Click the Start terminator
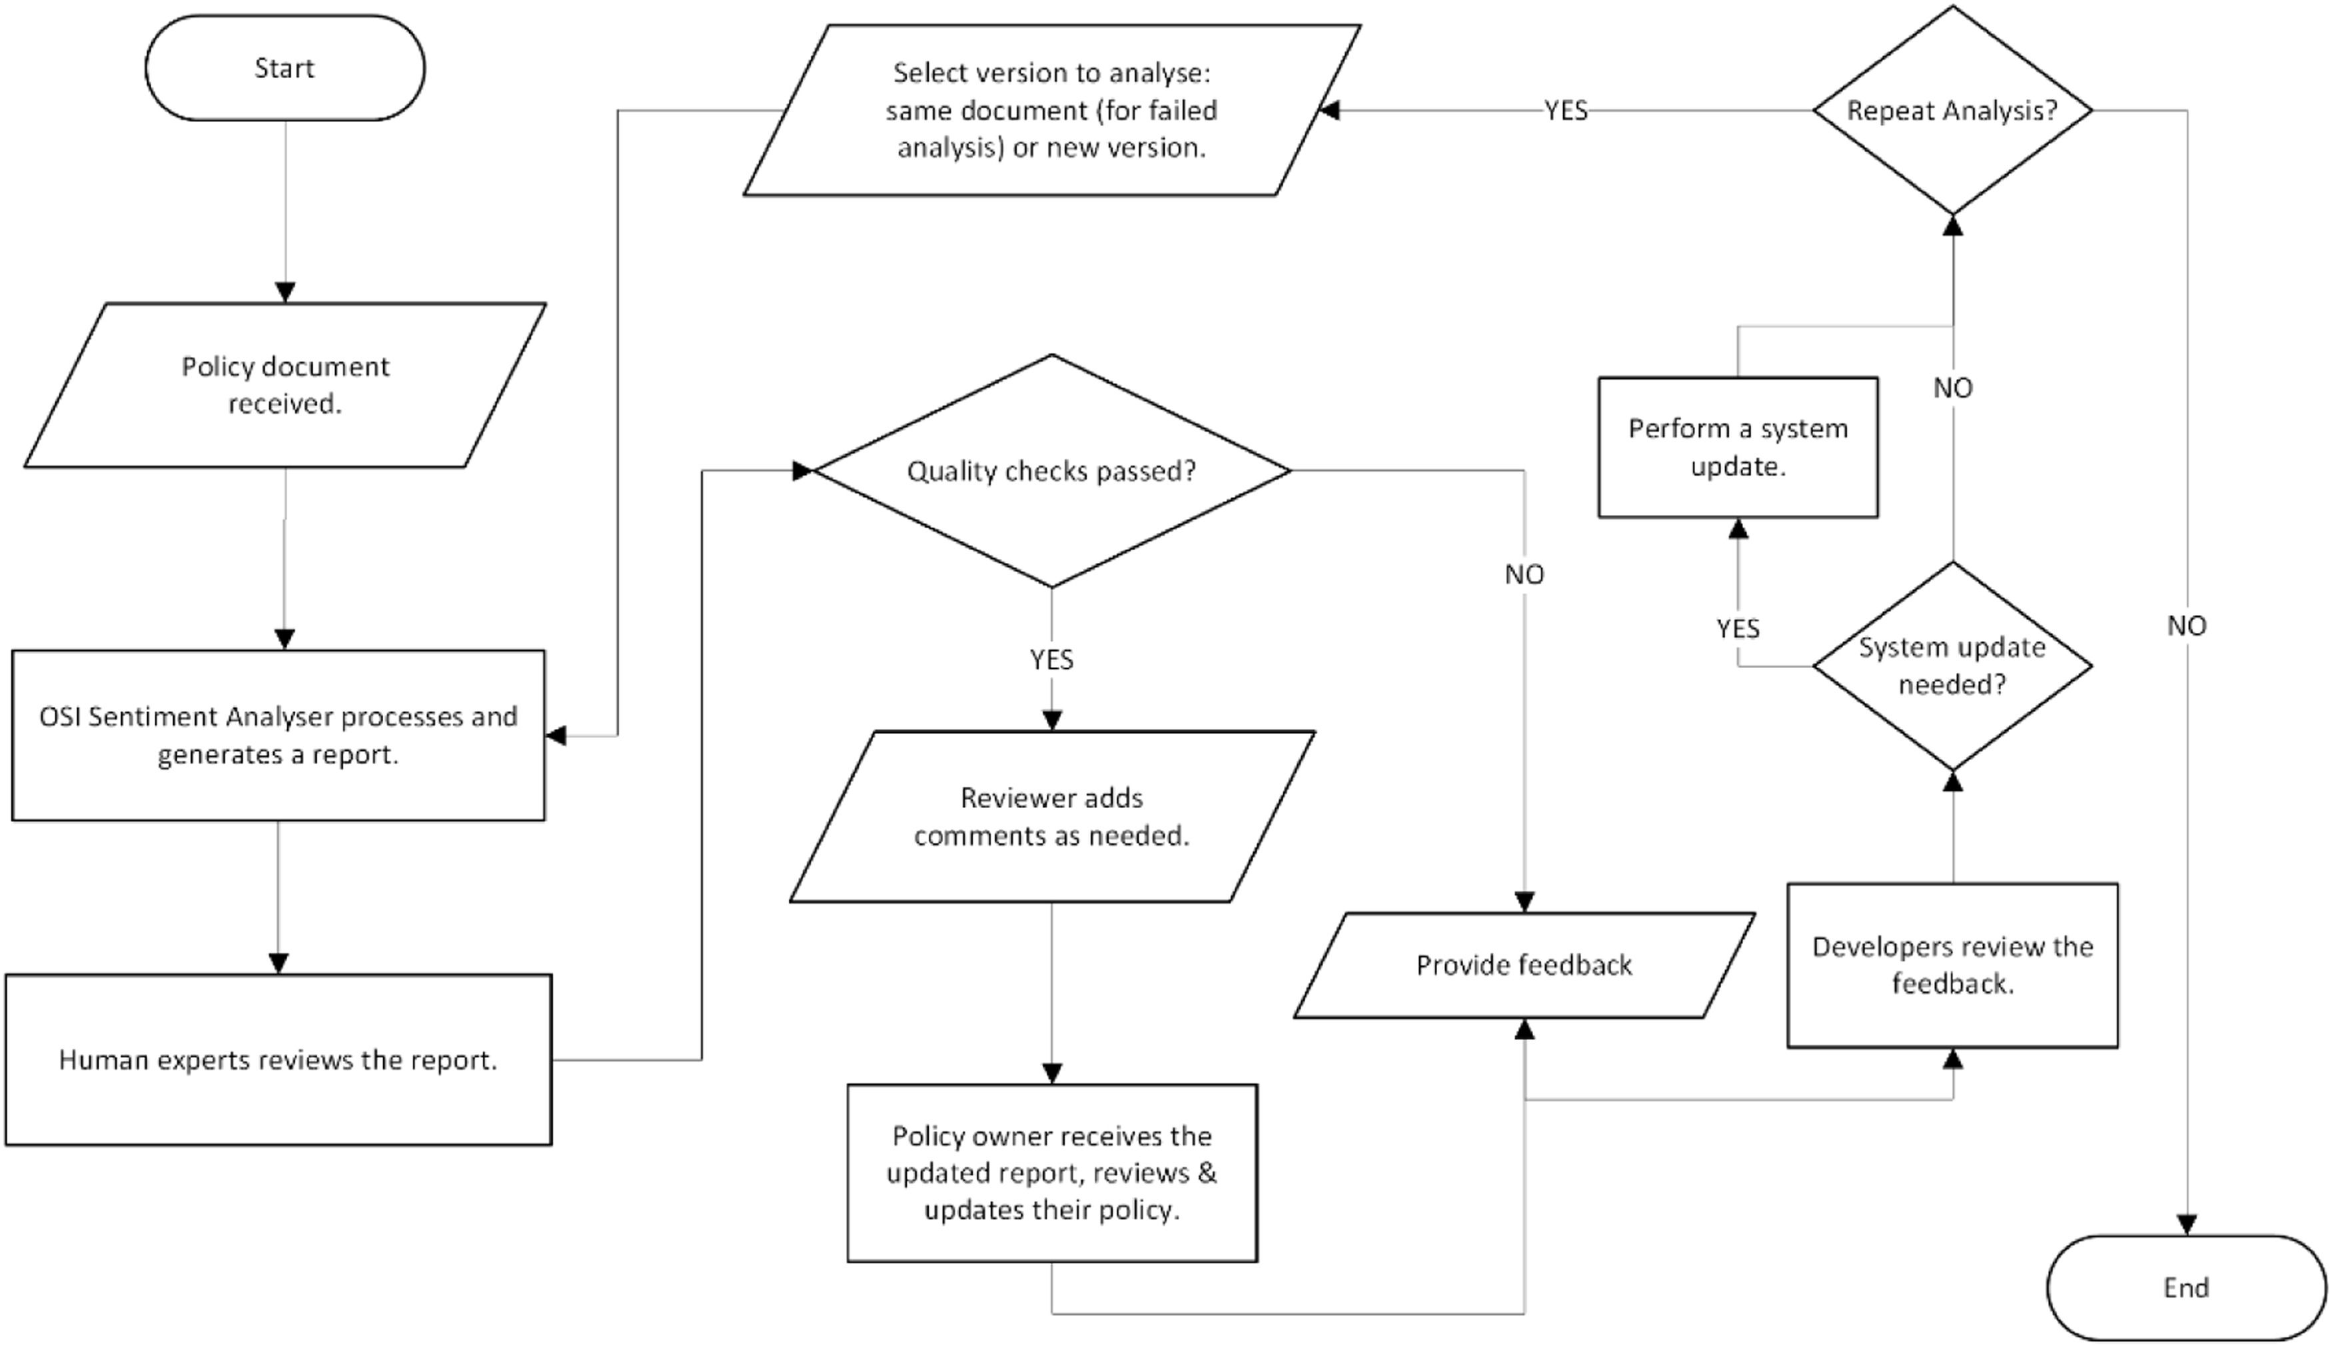[285, 67]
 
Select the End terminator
[2186, 1287]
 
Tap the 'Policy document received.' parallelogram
[285, 385]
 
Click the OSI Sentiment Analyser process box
[278, 735]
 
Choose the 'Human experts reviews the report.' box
[278, 1059]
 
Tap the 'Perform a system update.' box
[1737, 447]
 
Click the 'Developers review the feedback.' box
[1952, 965]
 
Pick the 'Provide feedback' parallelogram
[1524, 965]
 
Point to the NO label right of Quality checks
[1524, 574]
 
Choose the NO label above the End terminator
[2186, 626]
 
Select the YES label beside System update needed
[1737, 629]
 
